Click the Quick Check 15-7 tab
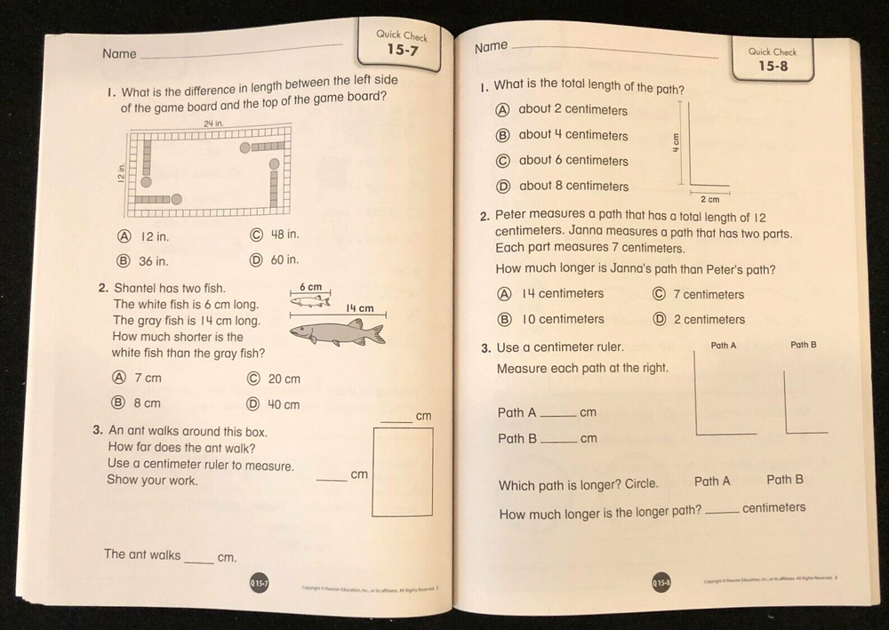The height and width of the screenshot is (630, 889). [401, 44]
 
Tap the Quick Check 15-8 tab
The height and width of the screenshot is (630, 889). [772, 60]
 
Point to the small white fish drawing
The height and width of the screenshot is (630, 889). [309, 301]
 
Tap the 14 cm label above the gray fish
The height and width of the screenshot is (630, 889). [359, 308]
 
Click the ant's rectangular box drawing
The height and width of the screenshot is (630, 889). [403, 471]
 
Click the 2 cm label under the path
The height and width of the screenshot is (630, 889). [709, 200]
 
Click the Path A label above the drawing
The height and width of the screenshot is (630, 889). [723, 345]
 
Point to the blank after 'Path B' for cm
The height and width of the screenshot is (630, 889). [558, 438]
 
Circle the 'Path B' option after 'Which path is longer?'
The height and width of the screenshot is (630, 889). [784, 480]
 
